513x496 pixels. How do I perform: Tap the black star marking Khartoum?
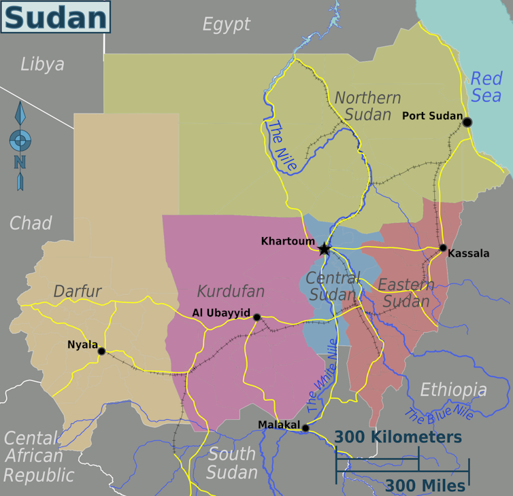point(325,249)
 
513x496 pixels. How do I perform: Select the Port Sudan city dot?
point(467,122)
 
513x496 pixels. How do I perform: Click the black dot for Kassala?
point(443,248)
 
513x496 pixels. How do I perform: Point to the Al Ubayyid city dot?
point(256,317)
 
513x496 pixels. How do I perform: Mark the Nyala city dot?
point(101,351)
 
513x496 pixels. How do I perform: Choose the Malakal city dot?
point(305,428)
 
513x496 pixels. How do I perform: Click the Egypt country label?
point(227,25)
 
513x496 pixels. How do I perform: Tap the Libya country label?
point(42,65)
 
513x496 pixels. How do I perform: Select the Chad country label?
point(31,223)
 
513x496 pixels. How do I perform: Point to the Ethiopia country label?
point(453,390)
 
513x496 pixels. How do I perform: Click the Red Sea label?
point(486,87)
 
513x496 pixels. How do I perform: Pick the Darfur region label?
point(78,291)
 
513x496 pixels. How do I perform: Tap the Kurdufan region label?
point(230,291)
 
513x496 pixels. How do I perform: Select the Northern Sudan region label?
point(367,106)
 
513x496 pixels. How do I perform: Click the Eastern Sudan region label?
point(406,292)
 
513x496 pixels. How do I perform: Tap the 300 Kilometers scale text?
point(398,437)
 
